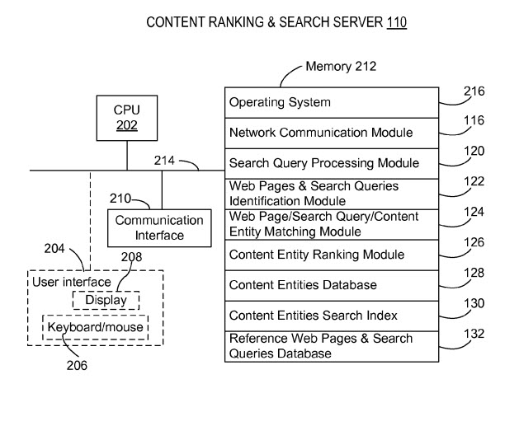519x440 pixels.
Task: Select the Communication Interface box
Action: click(x=158, y=228)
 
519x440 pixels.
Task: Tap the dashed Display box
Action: click(x=106, y=300)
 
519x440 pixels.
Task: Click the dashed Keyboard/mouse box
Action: click(x=96, y=327)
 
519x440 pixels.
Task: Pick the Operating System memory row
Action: click(x=331, y=102)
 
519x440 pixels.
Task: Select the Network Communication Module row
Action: click(x=331, y=133)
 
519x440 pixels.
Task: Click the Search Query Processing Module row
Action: click(x=331, y=163)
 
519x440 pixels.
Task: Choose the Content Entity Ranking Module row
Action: click(x=331, y=255)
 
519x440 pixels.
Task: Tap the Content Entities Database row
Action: click(x=331, y=285)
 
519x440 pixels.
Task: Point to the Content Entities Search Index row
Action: click(x=331, y=316)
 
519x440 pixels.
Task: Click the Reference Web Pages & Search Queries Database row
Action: click(x=331, y=346)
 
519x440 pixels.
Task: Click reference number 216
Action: click(x=474, y=91)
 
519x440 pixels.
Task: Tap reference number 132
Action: click(x=474, y=334)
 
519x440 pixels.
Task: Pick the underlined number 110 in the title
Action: click(x=396, y=23)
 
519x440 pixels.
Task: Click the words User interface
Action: click(x=71, y=283)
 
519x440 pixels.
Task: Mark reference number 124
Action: click(x=474, y=212)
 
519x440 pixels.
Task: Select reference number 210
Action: click(x=120, y=199)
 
